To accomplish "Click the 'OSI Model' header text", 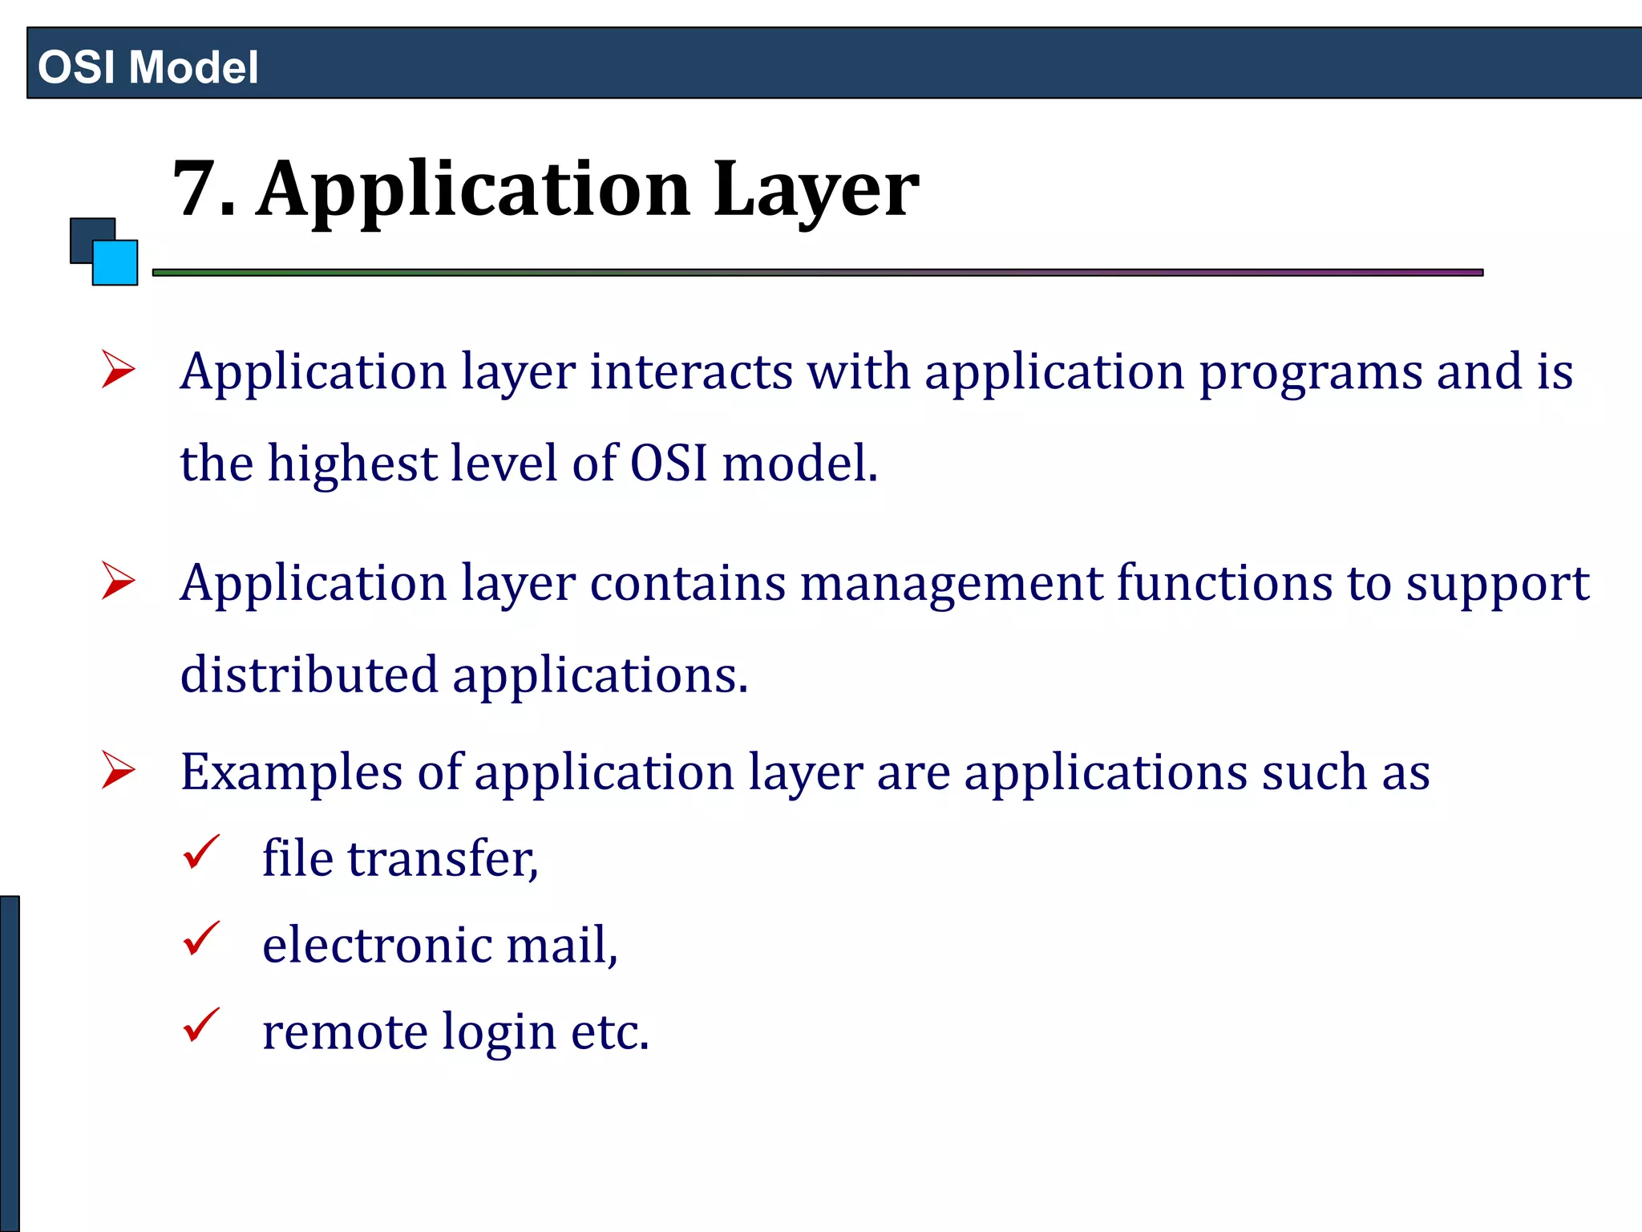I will [148, 67].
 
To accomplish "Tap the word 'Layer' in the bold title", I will [815, 191].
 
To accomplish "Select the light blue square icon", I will [115, 263].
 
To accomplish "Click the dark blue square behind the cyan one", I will [84, 233].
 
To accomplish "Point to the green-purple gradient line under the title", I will [818, 273].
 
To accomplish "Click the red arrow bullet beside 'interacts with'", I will [119, 371].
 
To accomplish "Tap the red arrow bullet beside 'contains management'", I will [119, 581].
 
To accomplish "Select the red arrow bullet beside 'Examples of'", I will [119, 771].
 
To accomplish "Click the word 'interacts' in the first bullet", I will [691, 372].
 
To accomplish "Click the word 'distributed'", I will [309, 675].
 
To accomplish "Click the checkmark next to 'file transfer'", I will [200, 853].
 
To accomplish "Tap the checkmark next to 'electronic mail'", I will [200, 939].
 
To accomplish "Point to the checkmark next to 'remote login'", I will [200, 1026].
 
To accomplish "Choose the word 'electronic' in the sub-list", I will [376, 945].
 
